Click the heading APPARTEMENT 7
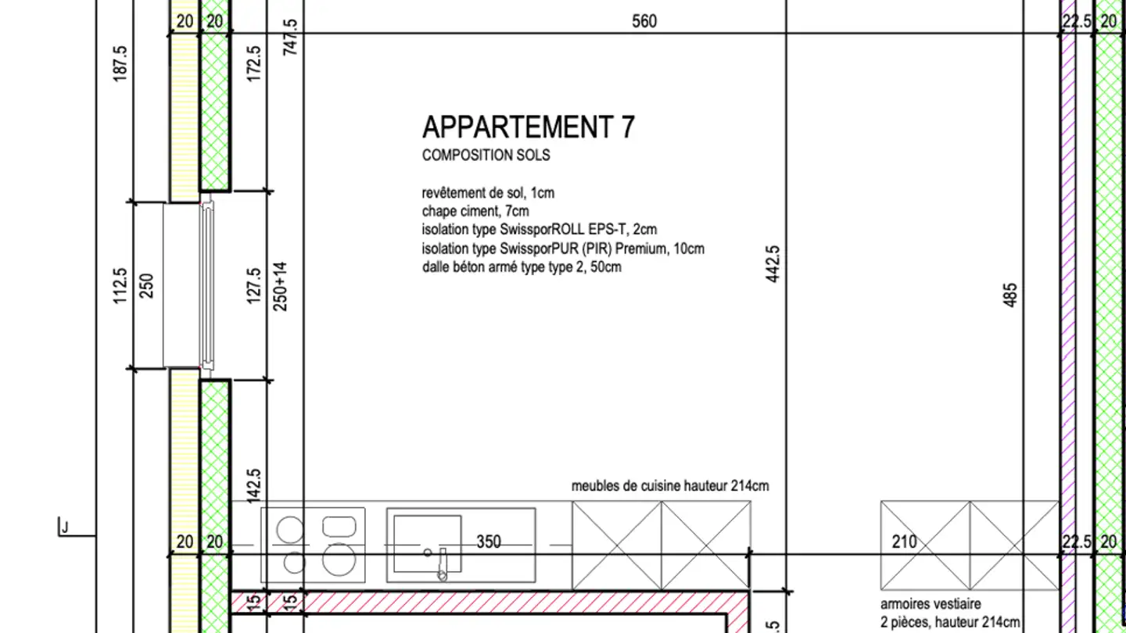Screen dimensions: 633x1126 click(528, 127)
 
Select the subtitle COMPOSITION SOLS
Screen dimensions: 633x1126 click(486, 156)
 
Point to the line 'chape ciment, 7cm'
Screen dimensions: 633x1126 click(475, 211)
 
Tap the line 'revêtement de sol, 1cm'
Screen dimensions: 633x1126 click(488, 192)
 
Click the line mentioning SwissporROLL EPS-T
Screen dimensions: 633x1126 click(540, 230)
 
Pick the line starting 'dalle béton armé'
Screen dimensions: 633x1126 click(522, 267)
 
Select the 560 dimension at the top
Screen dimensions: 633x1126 click(644, 21)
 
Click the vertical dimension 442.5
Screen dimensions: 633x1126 click(773, 263)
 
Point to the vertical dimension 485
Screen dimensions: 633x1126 click(1010, 295)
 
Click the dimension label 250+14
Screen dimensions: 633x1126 click(281, 286)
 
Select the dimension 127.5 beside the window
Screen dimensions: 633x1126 click(253, 285)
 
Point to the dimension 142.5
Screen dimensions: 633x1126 click(253, 485)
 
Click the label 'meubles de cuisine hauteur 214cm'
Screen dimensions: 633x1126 click(670, 486)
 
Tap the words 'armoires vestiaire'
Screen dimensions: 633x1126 click(930, 604)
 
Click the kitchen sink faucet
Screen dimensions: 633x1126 click(442, 564)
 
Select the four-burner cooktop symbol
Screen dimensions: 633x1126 click(313, 544)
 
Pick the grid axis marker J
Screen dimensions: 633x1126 click(64, 528)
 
